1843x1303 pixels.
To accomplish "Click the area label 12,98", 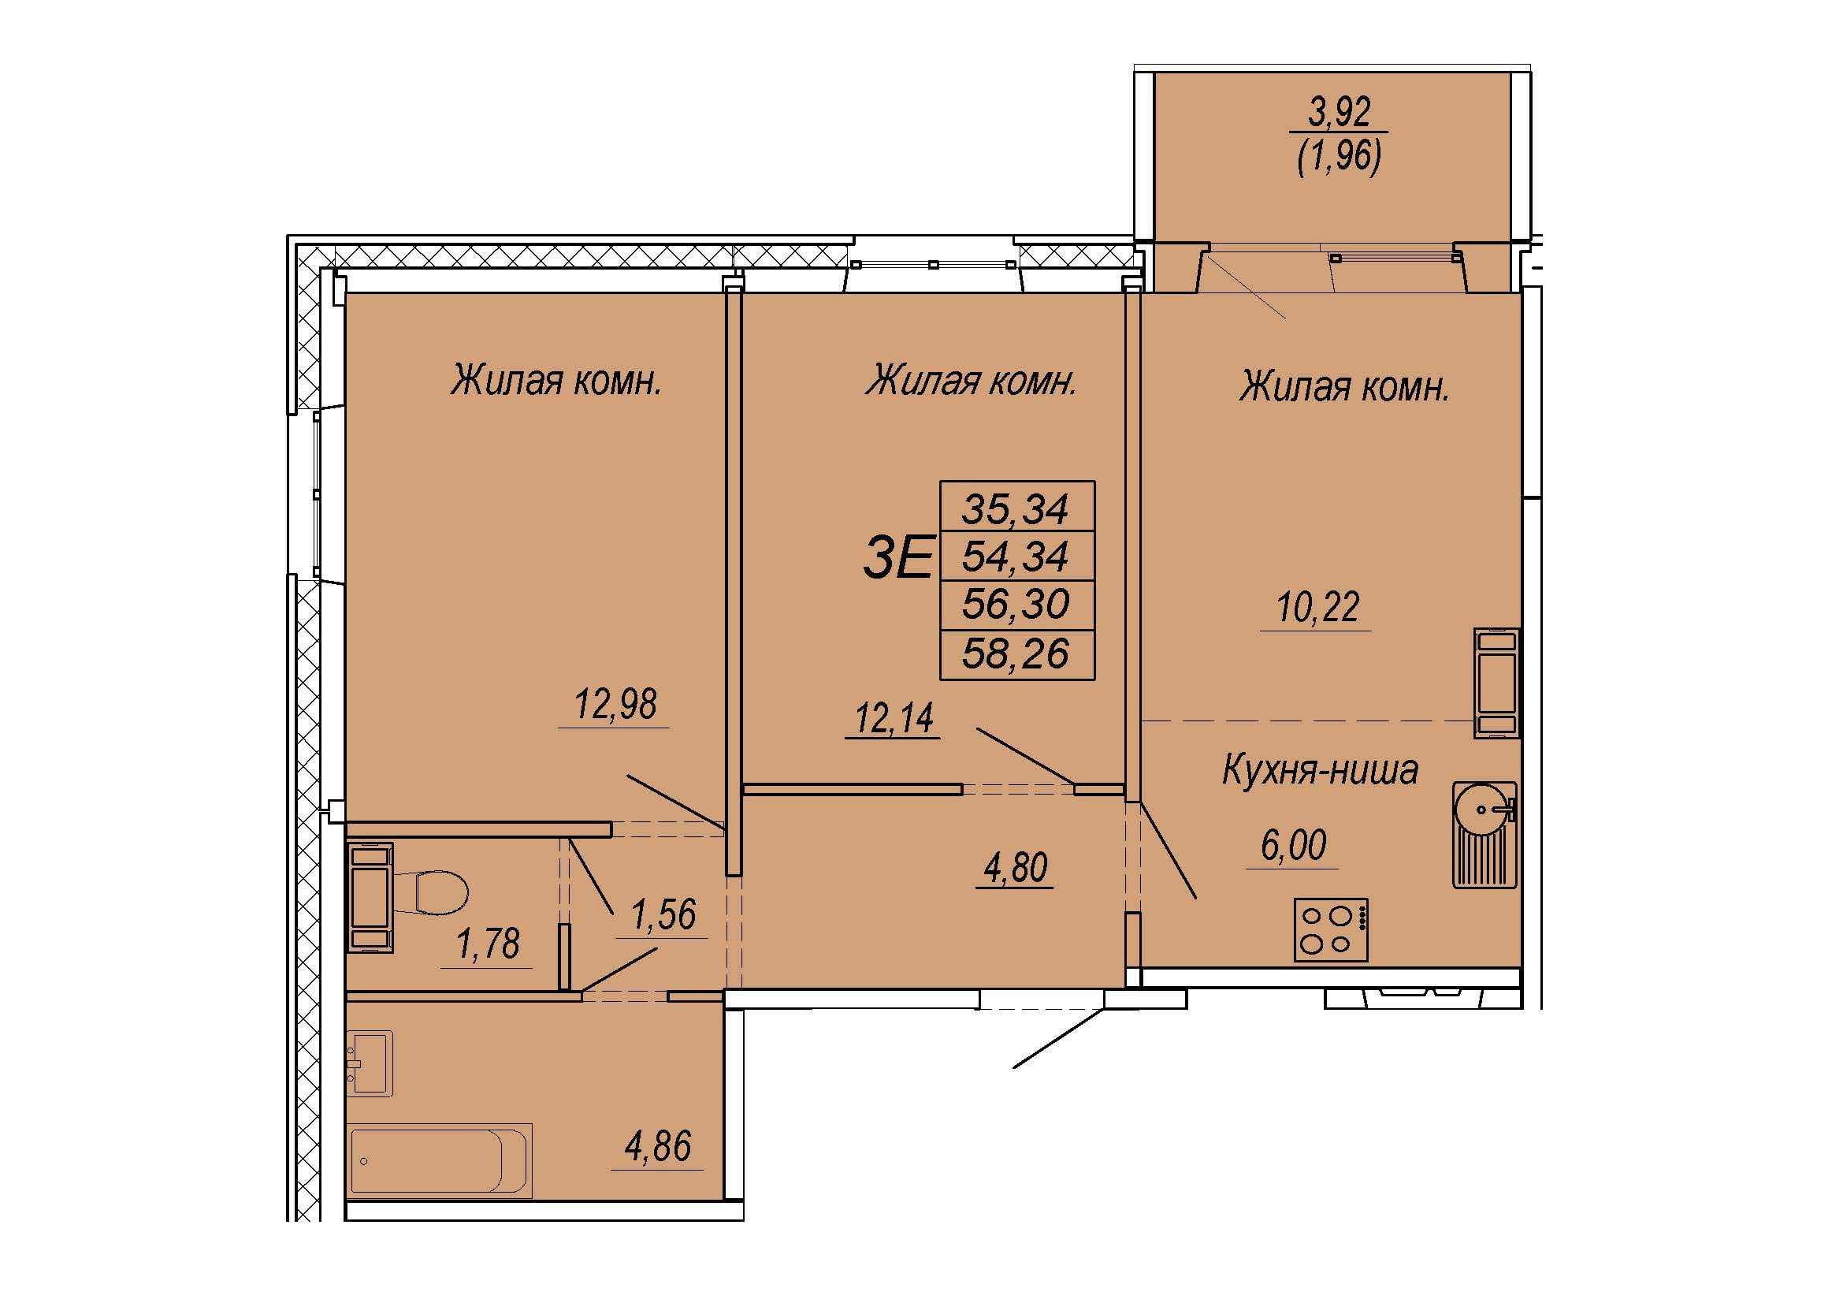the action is [615, 704].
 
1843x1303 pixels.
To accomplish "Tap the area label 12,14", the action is [894, 717].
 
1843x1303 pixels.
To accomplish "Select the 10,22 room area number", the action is [1317, 607].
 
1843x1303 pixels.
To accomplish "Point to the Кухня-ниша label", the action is [1321, 770].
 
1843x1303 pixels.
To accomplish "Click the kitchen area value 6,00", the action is [1293, 845].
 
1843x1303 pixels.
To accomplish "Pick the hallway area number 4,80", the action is [1016, 868].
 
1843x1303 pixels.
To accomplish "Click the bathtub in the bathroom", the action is [440, 1160].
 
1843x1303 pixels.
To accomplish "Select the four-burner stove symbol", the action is [1330, 929].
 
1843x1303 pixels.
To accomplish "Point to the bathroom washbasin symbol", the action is [371, 1063].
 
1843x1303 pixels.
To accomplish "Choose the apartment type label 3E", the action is [897, 558].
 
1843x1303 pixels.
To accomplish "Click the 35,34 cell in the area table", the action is [1016, 508].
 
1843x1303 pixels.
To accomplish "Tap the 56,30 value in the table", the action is [1016, 604].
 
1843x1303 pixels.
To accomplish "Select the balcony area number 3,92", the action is [1339, 114].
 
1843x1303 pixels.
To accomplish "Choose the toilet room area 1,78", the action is [487, 944].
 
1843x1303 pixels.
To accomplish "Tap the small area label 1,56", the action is [663, 914].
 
